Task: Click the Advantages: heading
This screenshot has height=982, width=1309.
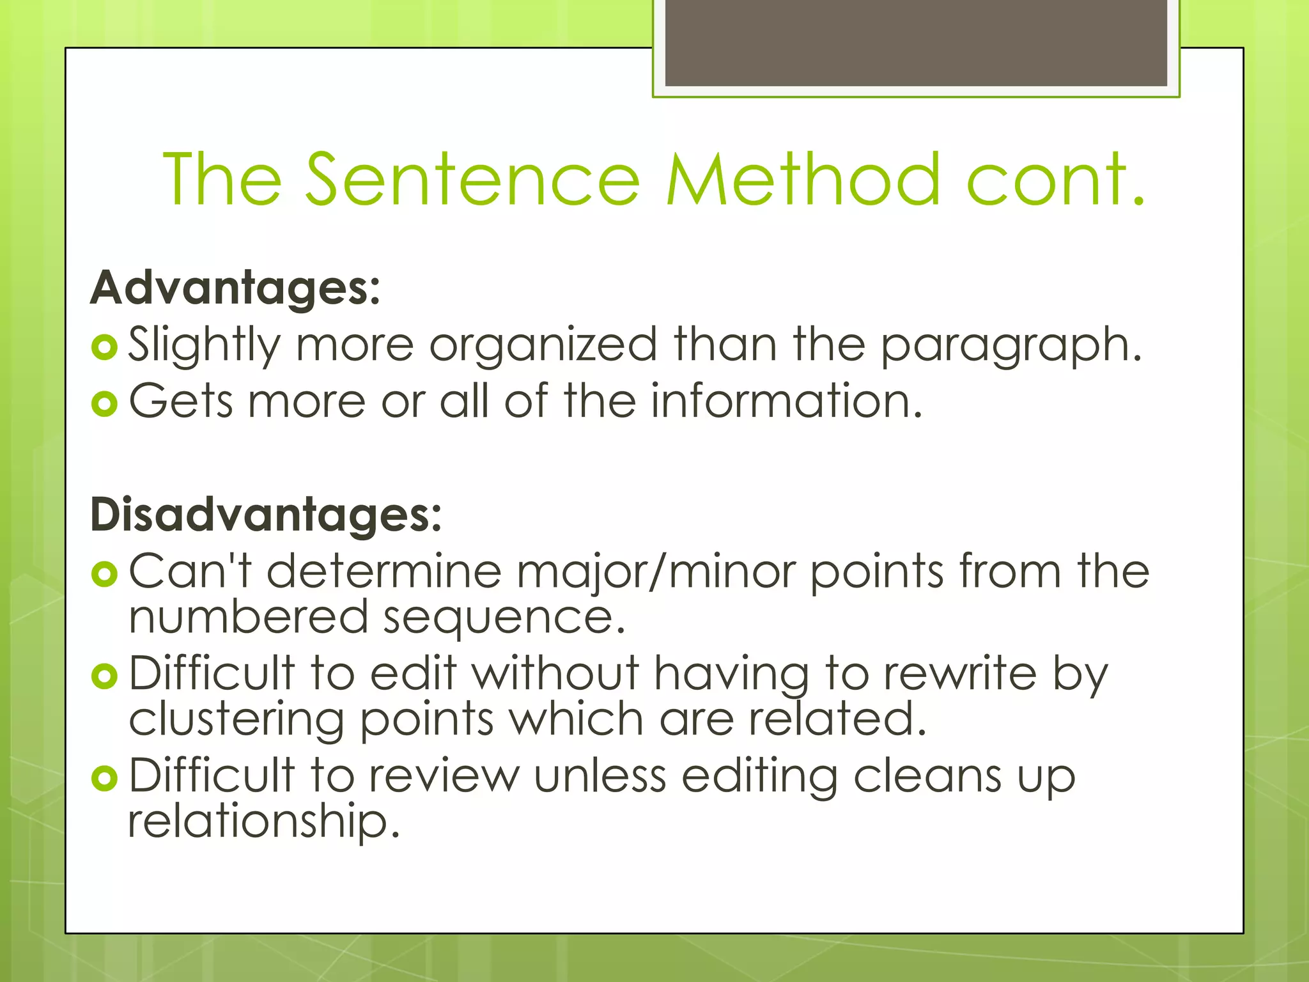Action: (x=235, y=288)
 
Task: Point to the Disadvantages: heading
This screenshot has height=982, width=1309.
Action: (x=266, y=514)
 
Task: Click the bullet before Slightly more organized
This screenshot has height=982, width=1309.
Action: (x=104, y=347)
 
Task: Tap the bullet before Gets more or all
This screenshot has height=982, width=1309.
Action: (x=104, y=403)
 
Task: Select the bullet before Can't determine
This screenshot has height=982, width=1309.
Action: (x=104, y=573)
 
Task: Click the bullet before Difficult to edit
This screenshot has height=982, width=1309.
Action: (x=104, y=676)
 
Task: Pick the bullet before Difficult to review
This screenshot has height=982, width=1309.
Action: (x=104, y=778)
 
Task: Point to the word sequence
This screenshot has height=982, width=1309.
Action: (x=504, y=618)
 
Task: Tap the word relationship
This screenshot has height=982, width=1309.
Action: (x=263, y=822)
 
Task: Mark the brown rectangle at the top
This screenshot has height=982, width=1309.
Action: (x=916, y=42)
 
